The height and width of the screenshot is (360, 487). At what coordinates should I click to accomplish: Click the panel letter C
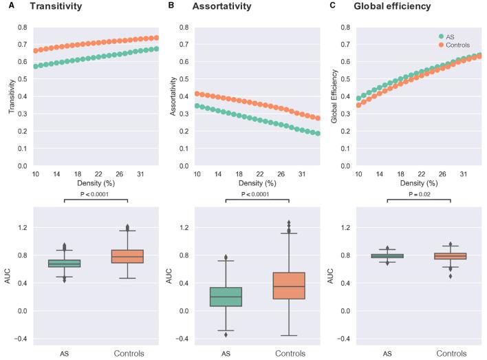[333, 7]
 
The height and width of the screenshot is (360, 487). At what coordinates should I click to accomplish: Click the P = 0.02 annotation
[418, 193]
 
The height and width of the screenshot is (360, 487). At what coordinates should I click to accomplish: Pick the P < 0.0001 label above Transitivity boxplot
[96, 193]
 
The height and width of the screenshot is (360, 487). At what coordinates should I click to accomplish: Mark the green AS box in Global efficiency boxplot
[387, 256]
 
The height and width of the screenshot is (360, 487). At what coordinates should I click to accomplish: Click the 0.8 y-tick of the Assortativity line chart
[184, 28]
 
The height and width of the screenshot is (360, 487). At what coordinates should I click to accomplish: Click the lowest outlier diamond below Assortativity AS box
[225, 335]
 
